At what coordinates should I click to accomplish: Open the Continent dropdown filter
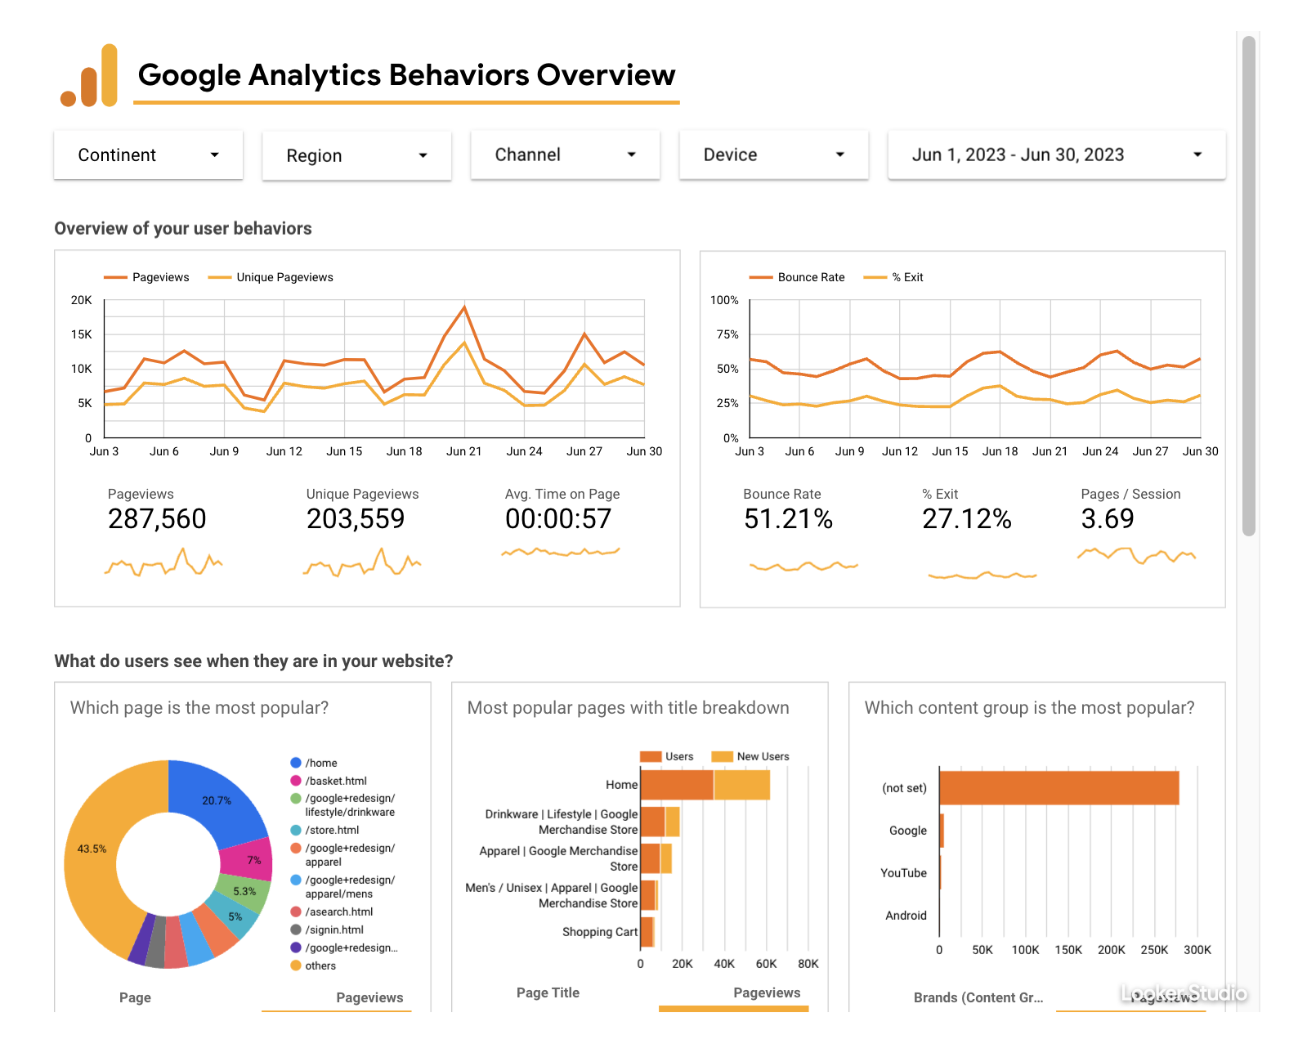[148, 155]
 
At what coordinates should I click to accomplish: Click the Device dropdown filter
[773, 155]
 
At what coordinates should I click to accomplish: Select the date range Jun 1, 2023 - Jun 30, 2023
[1056, 155]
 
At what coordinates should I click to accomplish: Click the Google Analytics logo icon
[90, 76]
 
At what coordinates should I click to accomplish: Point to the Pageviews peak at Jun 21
[464, 308]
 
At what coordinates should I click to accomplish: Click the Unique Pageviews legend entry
[284, 278]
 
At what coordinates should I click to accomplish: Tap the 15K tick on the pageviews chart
[82, 334]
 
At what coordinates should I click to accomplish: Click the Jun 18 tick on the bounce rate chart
[1000, 451]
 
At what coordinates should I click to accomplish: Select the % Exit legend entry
[906, 278]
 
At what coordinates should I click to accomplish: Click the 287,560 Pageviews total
[157, 519]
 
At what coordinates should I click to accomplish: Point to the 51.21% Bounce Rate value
[788, 519]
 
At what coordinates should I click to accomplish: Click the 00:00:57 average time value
[558, 519]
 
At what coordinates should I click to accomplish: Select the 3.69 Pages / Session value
[1107, 519]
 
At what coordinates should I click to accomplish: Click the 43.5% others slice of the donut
[92, 850]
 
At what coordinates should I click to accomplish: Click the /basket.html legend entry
[335, 781]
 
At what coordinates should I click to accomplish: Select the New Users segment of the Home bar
[742, 785]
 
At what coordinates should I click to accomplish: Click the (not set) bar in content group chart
[1059, 788]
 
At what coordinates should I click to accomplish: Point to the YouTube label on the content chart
[903, 873]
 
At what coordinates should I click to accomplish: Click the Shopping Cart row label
[599, 932]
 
